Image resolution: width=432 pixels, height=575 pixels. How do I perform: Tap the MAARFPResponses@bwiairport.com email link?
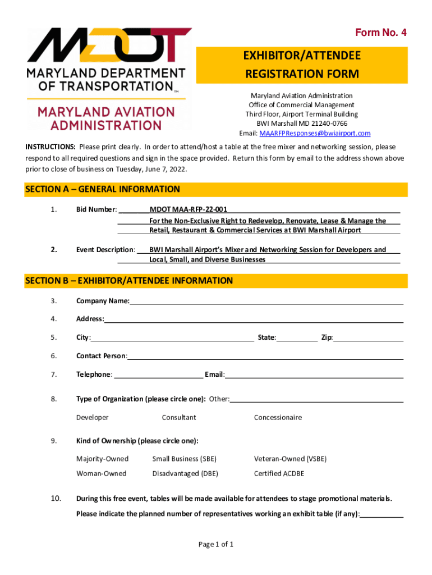[314, 133]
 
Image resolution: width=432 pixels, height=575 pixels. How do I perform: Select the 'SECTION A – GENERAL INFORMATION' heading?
[103, 189]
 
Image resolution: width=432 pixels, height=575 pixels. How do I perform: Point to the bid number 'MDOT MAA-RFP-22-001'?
[188, 209]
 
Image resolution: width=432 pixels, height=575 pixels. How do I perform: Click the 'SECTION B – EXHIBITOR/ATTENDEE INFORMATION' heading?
[129, 280]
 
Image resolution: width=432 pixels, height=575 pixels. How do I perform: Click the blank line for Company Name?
[266, 302]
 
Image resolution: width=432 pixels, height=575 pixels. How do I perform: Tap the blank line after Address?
[254, 320]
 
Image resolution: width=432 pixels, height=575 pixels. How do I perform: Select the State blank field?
[297, 338]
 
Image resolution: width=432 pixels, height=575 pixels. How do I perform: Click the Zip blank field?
[369, 338]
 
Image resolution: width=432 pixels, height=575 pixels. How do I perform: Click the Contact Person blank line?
[265, 357]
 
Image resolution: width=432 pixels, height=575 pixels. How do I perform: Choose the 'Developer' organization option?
[93, 417]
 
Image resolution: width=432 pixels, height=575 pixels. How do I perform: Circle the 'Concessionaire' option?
[278, 417]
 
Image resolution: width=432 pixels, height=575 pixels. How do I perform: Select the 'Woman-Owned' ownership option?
[102, 473]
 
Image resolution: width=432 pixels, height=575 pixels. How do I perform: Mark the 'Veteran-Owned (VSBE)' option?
[290, 459]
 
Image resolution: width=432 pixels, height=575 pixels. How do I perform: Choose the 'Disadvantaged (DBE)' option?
[185, 473]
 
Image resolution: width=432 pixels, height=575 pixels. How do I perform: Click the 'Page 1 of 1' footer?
[216, 544]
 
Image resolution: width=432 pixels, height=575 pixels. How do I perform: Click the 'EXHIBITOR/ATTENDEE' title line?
[302, 56]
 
